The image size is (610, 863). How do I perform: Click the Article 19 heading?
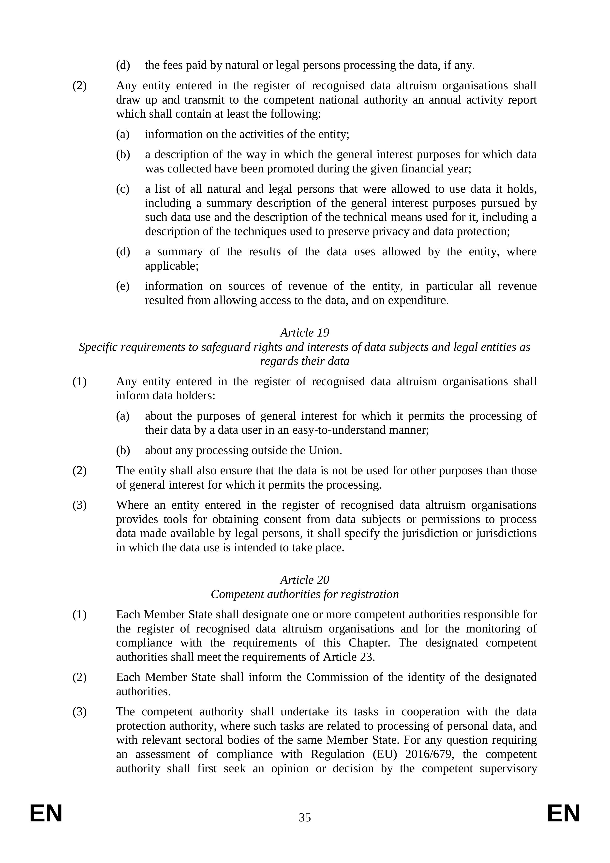(305, 333)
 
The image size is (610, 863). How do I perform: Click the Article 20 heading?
(305, 580)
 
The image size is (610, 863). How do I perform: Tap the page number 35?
(305, 817)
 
